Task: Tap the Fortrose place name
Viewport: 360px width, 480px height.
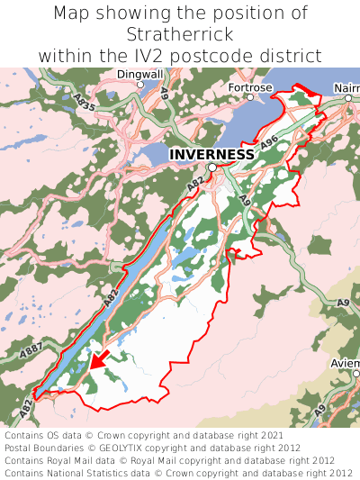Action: coord(249,87)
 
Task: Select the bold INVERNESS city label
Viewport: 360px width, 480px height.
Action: coord(211,154)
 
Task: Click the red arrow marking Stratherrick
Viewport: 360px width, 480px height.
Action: coord(99,359)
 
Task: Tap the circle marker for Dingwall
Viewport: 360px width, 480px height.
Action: coord(139,85)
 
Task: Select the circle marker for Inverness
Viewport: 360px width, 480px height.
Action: coord(211,168)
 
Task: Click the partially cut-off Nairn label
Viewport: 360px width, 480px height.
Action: coord(346,87)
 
